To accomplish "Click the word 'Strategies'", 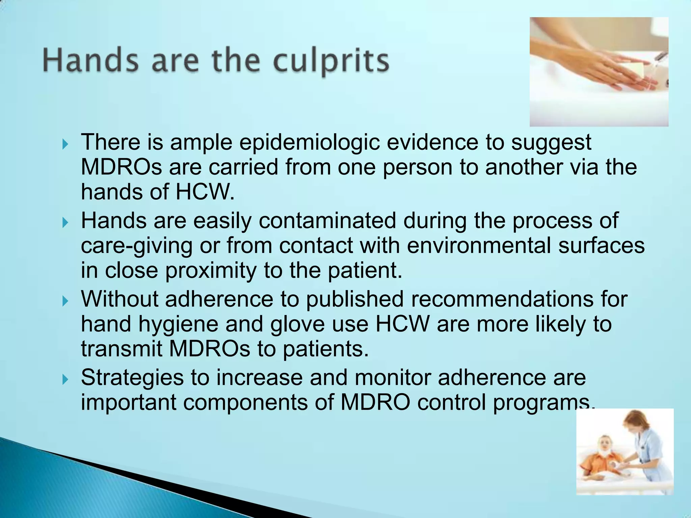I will pos(132,377).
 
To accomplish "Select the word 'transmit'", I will pos(121,349).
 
